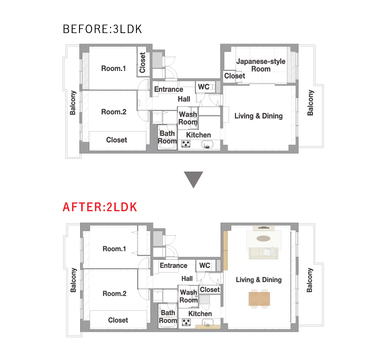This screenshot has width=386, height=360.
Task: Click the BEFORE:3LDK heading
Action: [103, 29]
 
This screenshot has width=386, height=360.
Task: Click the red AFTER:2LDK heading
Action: [100, 207]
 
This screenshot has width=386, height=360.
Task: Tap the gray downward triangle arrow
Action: [193, 180]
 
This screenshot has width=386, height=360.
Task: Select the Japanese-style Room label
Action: [261, 65]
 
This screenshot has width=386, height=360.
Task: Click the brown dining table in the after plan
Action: [259, 299]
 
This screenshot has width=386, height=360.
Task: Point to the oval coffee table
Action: [264, 238]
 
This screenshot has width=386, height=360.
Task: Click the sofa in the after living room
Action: [264, 253]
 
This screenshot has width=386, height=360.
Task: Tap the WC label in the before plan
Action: [204, 87]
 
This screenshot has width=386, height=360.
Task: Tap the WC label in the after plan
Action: [204, 265]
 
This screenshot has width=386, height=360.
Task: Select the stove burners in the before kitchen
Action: [186, 144]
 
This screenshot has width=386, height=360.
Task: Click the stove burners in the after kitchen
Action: [186, 322]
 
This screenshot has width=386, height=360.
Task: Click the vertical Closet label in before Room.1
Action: [142, 62]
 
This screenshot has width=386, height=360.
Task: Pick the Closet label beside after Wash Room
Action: [210, 289]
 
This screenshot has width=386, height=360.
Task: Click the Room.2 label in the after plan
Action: [114, 294]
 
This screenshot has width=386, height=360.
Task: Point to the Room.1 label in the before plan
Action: [114, 68]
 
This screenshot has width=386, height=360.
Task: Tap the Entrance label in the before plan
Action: [169, 89]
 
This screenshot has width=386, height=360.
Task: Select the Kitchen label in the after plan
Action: [200, 314]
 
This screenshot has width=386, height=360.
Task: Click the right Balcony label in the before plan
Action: [310, 102]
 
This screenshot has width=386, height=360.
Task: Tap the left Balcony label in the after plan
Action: [73, 280]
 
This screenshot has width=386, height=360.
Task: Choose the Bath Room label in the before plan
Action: [167, 137]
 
